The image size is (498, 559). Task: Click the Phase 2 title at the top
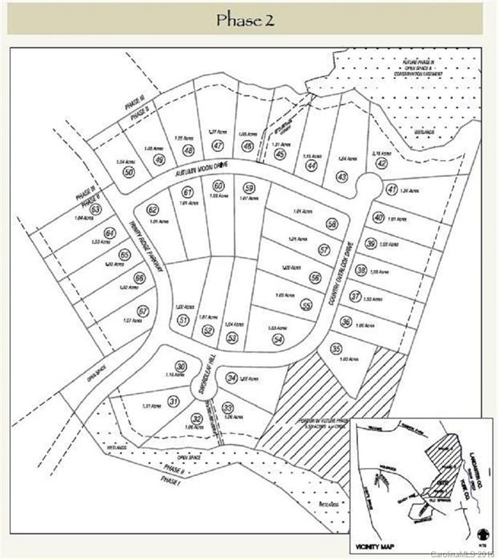click(x=245, y=19)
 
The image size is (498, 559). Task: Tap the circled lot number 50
click(x=129, y=172)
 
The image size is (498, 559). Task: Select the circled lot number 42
click(x=381, y=164)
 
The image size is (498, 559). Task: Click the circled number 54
click(x=277, y=339)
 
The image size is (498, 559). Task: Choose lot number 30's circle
click(x=181, y=366)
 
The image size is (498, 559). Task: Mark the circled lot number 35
click(x=336, y=349)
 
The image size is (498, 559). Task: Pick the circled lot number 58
click(x=333, y=224)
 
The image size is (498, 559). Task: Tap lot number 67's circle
click(x=143, y=311)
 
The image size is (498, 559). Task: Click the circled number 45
click(x=280, y=154)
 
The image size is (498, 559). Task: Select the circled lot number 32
click(x=197, y=418)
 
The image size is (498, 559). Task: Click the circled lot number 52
click(x=207, y=330)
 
